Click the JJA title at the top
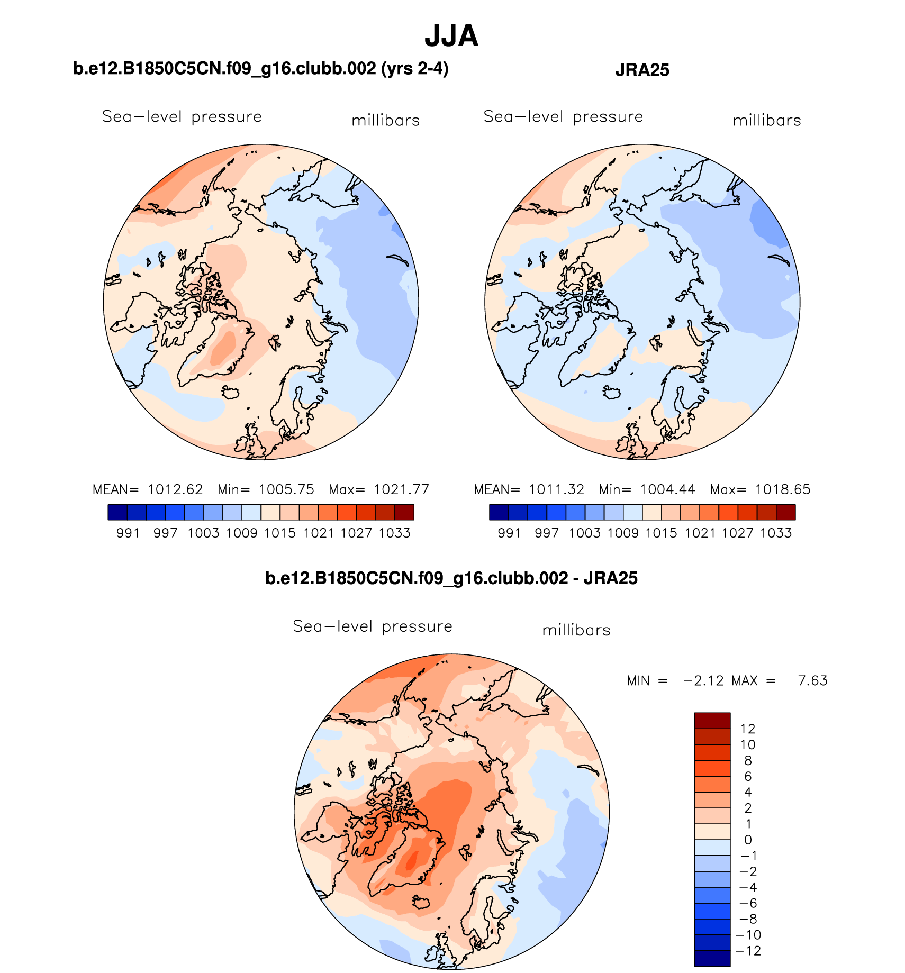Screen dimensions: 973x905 (x=451, y=36)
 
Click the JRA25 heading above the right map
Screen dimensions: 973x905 (x=642, y=70)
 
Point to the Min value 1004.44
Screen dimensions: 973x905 (x=667, y=489)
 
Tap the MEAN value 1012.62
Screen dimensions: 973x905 (x=175, y=489)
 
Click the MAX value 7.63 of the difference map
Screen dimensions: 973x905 (x=812, y=680)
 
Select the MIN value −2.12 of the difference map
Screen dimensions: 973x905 (x=703, y=680)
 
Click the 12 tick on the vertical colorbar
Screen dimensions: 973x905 (x=747, y=729)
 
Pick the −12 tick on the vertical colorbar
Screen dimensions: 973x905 (x=748, y=951)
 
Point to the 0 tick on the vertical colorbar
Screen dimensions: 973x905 (x=748, y=840)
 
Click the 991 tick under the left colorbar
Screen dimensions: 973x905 (x=128, y=533)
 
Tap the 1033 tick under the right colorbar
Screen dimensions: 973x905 (x=776, y=533)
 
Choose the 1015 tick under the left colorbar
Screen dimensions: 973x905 (x=280, y=533)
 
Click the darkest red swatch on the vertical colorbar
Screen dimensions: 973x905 (x=712, y=721)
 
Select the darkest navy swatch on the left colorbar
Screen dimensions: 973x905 (x=117, y=512)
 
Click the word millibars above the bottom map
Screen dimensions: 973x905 (x=576, y=630)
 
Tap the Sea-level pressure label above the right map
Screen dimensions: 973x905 (x=563, y=116)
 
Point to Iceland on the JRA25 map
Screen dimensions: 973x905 (x=612, y=393)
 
